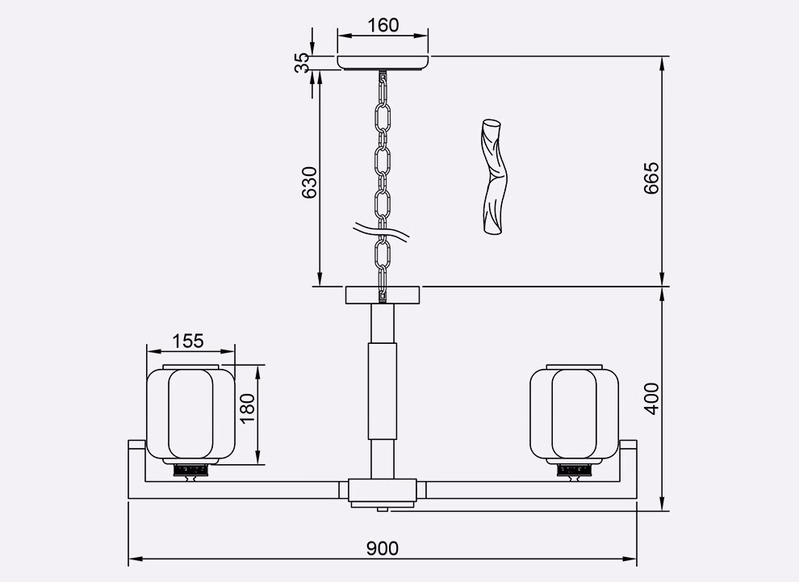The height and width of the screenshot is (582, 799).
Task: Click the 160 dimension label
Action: (x=383, y=24)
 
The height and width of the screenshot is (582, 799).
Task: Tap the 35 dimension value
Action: (x=302, y=63)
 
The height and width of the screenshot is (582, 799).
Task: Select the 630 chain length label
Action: (x=309, y=182)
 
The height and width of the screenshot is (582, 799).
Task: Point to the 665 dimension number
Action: (x=650, y=178)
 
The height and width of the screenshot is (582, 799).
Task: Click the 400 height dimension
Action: (x=650, y=399)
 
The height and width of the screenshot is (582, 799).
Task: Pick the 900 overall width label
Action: (x=383, y=548)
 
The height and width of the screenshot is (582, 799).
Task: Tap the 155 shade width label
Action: (x=187, y=341)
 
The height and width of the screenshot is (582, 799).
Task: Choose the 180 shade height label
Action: (x=248, y=408)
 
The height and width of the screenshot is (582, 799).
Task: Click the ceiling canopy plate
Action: (x=383, y=63)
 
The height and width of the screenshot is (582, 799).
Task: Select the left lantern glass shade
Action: (x=190, y=414)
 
